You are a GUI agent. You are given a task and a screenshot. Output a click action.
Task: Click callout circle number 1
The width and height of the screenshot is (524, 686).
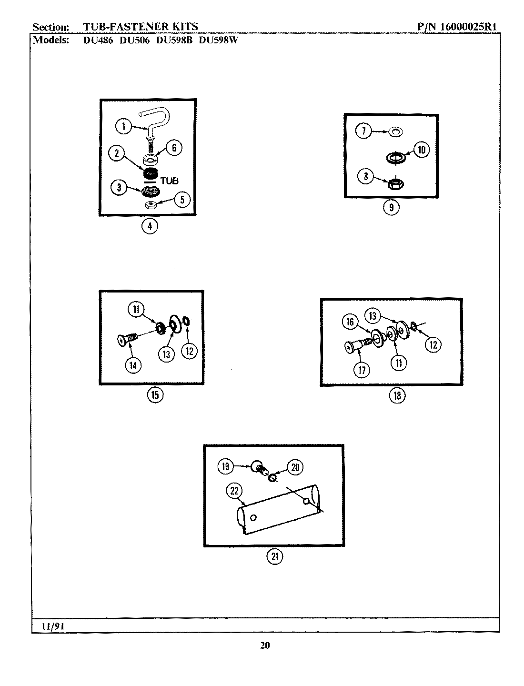tap(124, 126)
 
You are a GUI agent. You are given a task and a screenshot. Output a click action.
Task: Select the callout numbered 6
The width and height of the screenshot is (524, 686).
tap(174, 148)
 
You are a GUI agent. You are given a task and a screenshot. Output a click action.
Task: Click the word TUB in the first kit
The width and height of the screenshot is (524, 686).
tap(169, 181)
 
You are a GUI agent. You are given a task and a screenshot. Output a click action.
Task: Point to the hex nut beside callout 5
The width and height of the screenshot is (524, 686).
tap(151, 204)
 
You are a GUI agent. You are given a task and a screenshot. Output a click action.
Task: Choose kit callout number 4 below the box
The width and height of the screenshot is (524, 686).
tap(150, 226)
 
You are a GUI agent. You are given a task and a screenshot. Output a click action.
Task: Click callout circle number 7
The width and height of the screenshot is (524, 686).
tap(364, 131)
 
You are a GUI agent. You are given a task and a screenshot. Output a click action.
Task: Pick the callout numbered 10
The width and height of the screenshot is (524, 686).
tap(421, 150)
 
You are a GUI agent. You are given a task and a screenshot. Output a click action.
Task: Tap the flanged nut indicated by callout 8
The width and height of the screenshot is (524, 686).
tap(393, 183)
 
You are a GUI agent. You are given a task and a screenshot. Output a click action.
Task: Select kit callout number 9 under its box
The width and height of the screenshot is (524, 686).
tap(391, 208)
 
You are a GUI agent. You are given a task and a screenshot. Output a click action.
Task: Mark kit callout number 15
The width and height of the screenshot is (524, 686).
tap(155, 394)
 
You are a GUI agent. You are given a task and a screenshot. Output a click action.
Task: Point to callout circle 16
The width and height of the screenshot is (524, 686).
tap(350, 323)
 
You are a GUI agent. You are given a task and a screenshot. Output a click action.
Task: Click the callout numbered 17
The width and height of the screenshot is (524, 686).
tap(362, 370)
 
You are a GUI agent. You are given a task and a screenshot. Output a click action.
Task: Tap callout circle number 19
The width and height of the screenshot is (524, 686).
tap(226, 467)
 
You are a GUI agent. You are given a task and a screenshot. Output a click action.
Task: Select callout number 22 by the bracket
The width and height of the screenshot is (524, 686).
tap(234, 491)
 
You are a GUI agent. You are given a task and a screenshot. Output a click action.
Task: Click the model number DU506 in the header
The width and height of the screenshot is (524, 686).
tap(134, 40)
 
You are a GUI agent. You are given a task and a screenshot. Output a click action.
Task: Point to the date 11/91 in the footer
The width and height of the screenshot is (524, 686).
tap(53, 627)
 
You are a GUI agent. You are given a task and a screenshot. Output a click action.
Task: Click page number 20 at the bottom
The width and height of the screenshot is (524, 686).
tap(265, 646)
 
